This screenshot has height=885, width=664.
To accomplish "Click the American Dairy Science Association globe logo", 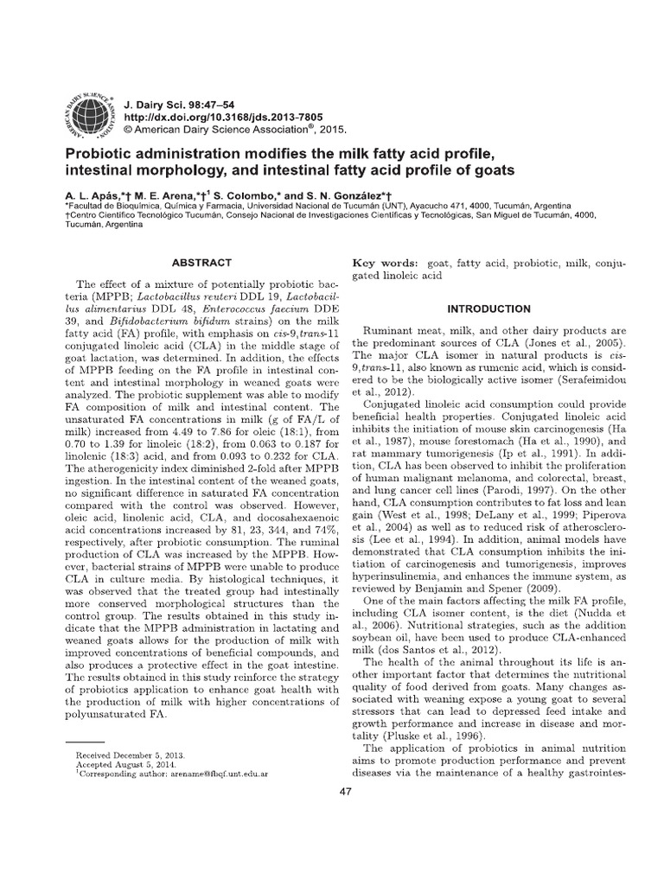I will [x=86, y=112].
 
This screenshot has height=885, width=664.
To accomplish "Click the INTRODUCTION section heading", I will [x=488, y=308].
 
